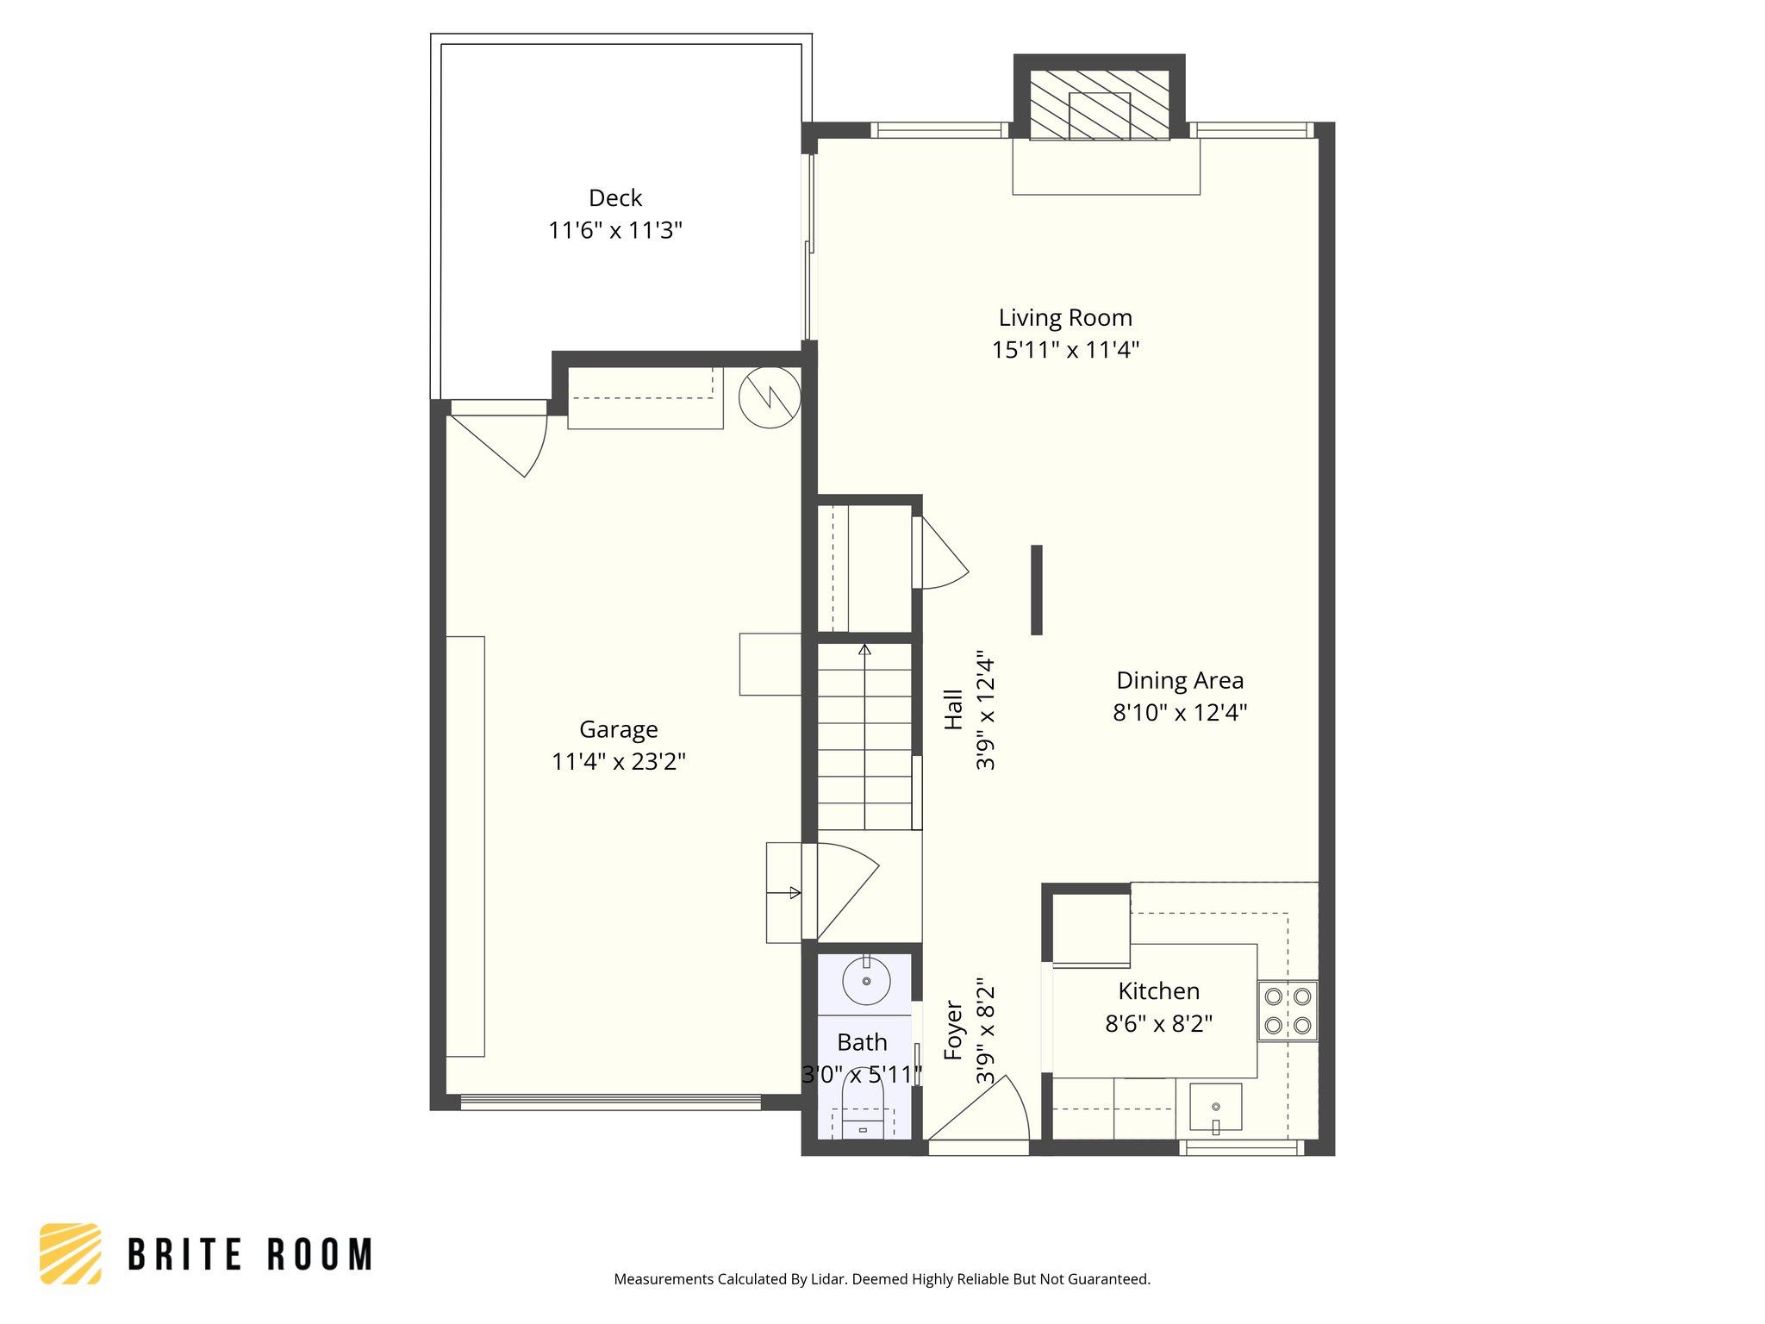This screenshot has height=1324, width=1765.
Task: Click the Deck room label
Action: point(614,198)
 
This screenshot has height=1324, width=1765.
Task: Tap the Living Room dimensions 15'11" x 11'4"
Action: point(1065,350)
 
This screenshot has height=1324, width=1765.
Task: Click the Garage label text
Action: point(618,730)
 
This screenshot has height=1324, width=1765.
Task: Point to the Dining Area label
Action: point(1179,681)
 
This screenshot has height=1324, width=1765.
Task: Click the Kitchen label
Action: point(1158,991)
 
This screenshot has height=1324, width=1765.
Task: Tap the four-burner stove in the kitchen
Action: point(1288,1011)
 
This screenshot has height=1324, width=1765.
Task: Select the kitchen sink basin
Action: point(1215,1107)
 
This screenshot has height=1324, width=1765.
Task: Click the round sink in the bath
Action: point(866,981)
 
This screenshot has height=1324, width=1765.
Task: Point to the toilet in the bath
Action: point(863,1108)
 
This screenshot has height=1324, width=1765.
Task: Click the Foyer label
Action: point(953,1030)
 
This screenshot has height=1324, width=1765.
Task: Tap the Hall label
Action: point(953,709)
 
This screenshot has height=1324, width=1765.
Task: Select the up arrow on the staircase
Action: point(864,649)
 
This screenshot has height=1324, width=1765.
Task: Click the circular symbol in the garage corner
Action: point(770,397)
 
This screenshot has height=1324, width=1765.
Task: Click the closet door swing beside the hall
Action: point(941,556)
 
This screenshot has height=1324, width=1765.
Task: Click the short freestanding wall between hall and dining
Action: point(1037,590)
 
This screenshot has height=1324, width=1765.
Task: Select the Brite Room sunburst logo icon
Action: point(71,1253)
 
